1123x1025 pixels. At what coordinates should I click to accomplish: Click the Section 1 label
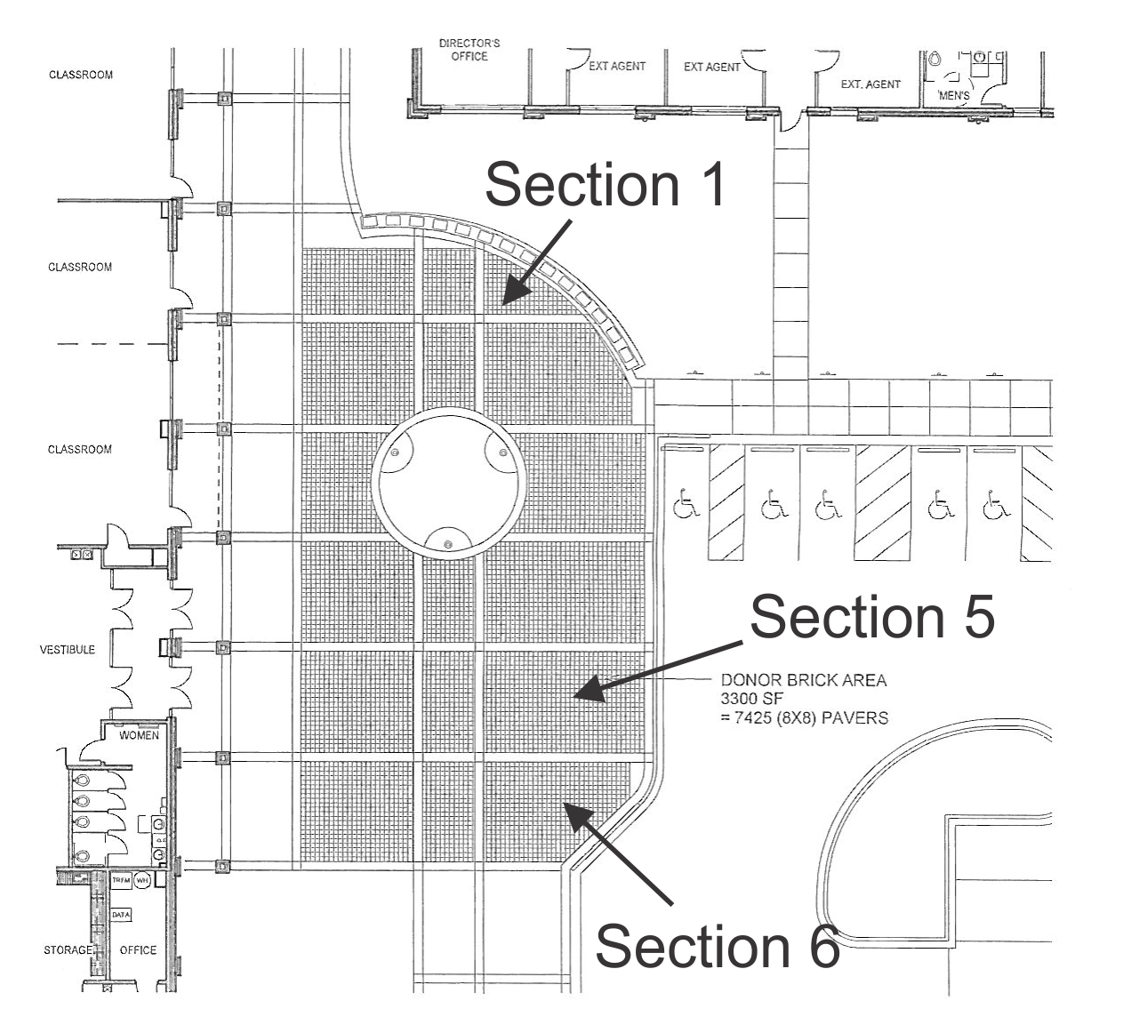point(606,185)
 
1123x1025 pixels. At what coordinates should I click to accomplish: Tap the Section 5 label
point(871,616)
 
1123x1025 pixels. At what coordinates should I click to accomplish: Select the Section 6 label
point(717,946)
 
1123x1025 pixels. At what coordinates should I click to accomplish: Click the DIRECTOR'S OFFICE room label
point(469,50)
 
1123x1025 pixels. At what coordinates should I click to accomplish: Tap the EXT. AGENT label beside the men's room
point(870,84)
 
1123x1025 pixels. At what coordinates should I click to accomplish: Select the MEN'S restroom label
point(953,95)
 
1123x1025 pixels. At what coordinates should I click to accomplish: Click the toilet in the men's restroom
point(934,60)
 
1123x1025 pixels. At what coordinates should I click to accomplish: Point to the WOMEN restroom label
point(139,735)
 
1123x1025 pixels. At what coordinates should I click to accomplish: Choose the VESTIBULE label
point(67,650)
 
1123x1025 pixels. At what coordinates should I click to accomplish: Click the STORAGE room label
point(67,950)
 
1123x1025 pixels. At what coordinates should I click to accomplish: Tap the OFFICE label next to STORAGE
point(138,950)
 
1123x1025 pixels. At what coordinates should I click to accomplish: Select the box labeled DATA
point(121,915)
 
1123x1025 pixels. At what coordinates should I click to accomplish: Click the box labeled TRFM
point(121,880)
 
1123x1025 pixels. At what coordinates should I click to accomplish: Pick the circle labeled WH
point(142,880)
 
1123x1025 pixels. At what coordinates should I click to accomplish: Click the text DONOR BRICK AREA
point(803,680)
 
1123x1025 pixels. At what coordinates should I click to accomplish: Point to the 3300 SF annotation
point(751,699)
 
